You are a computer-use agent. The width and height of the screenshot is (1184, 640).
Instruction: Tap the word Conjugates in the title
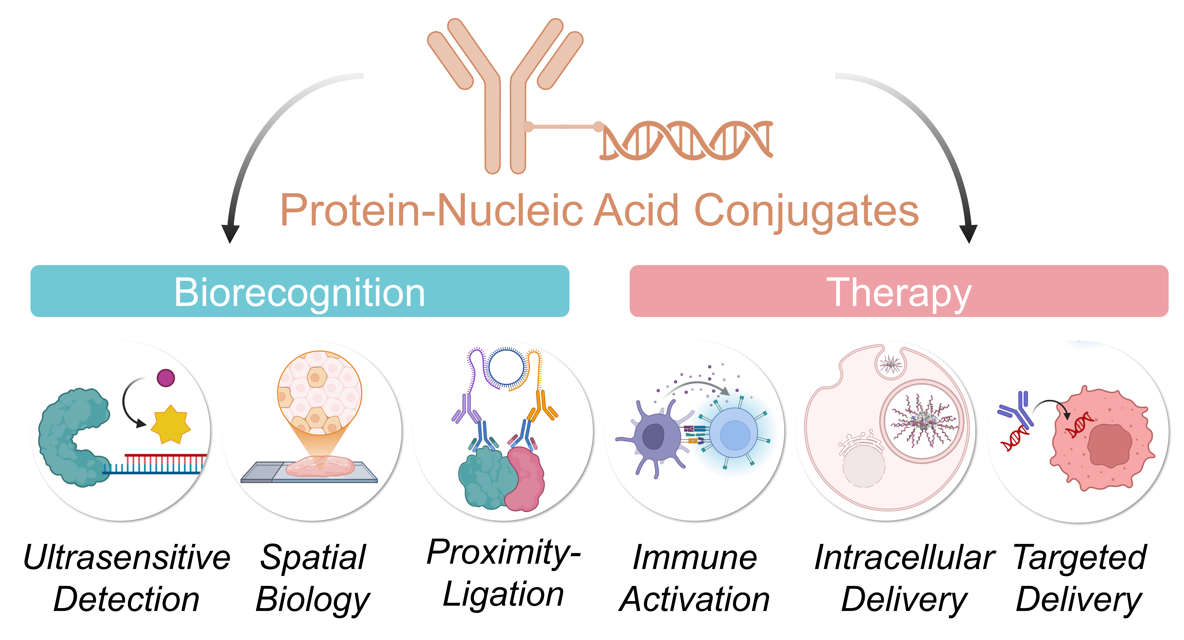[x=807, y=211]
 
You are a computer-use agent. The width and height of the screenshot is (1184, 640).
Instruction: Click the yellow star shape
[x=171, y=424]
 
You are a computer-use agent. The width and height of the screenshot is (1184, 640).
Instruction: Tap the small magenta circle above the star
[x=166, y=378]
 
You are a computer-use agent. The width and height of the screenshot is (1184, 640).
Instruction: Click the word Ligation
[x=503, y=594]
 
